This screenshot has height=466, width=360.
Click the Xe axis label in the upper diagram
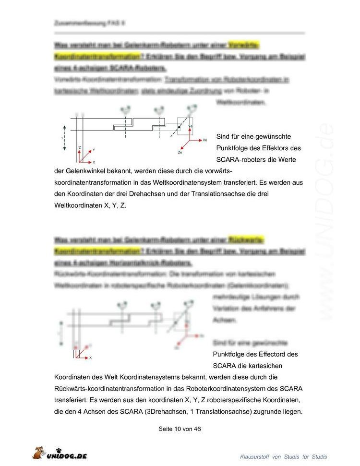[204, 140]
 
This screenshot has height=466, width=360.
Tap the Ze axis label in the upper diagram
[180, 152]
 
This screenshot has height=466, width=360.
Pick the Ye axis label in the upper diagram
[191, 126]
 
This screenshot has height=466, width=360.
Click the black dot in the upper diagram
[179, 128]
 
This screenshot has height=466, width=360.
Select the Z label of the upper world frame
[80, 148]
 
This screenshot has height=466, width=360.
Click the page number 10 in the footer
[180, 429]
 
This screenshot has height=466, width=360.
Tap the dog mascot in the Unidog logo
[40, 452]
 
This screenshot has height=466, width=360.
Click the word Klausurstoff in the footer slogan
[255, 456]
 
